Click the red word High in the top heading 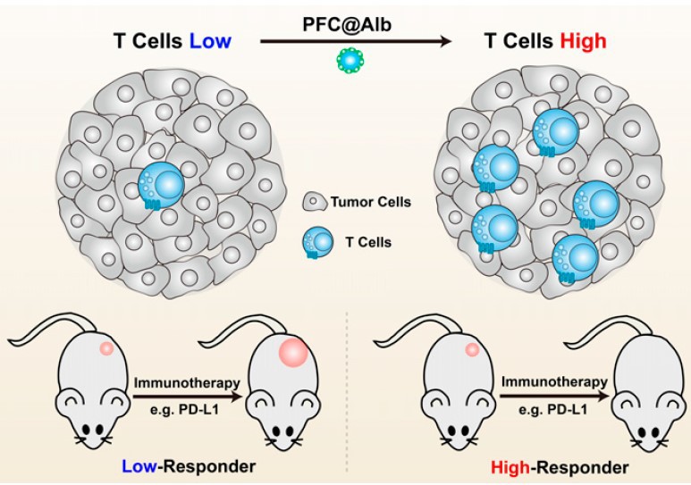coord(582,40)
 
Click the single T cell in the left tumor coord(160,187)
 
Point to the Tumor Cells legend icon coord(313,202)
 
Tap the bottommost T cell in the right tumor coord(571,255)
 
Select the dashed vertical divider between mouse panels coord(346,393)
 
